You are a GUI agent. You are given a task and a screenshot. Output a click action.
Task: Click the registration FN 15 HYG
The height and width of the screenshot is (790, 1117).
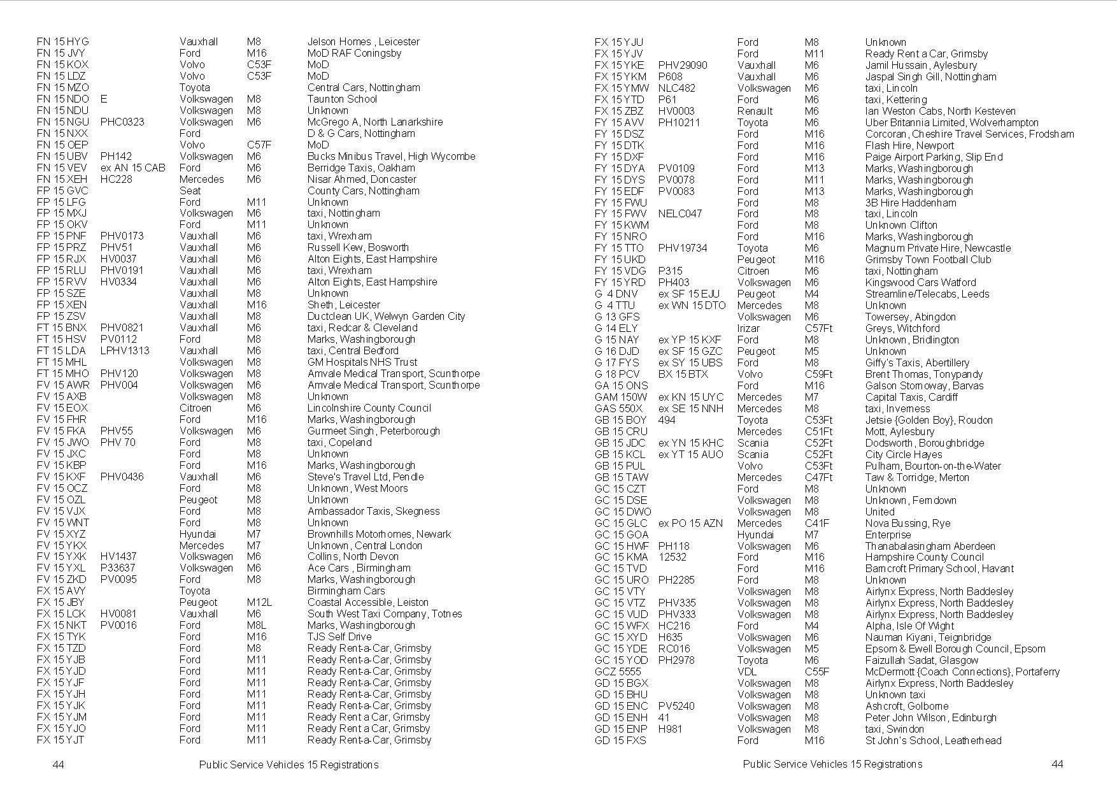pos(63,42)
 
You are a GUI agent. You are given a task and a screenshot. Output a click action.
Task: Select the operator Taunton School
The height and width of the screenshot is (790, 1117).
pos(342,99)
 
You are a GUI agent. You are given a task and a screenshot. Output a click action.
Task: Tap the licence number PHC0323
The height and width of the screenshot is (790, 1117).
pos(122,122)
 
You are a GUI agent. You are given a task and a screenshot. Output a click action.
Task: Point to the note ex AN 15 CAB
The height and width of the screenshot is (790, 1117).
pos(132,168)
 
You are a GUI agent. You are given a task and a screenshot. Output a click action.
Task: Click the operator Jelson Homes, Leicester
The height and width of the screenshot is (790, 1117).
pos(363,42)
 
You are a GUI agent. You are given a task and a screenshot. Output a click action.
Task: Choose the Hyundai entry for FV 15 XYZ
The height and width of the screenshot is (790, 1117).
pos(197,535)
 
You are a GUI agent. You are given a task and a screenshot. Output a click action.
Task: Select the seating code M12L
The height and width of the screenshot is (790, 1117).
pos(259,603)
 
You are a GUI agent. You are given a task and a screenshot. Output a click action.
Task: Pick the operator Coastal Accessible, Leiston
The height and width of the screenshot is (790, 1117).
pos(367,603)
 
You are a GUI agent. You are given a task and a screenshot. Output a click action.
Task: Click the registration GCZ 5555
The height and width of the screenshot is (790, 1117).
pos(618,672)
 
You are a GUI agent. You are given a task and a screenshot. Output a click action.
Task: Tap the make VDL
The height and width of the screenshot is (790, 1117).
pos(747,672)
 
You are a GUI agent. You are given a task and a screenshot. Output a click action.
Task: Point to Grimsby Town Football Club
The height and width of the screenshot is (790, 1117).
pos(928,260)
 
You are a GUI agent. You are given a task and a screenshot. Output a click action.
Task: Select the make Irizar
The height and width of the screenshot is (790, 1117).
pos(748,329)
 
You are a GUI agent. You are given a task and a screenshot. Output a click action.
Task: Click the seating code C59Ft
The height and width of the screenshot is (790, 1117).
pos(818,375)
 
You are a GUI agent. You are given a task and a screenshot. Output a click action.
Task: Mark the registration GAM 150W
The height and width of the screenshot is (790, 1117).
pos(621,398)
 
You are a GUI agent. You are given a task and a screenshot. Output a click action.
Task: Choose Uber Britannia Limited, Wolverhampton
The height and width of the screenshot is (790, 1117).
pos(951,123)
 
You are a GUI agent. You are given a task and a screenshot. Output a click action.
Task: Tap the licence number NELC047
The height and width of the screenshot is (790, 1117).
pos(679,214)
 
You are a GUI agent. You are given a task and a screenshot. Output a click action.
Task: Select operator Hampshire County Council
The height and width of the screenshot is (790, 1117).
pos(924,557)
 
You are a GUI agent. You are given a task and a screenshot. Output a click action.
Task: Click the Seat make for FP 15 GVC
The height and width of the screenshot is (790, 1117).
pos(190,191)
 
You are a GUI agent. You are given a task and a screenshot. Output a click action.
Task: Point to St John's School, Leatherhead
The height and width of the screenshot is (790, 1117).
pos(933,741)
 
